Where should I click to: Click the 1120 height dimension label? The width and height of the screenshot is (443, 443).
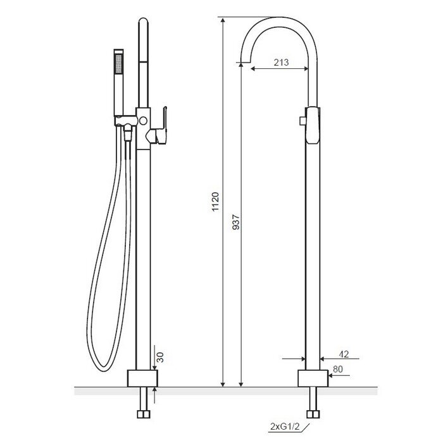(215, 202)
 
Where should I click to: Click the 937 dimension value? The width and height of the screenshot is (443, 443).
(236, 222)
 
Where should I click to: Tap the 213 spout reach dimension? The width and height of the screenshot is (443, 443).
(281, 62)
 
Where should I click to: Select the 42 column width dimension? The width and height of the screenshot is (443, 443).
(344, 354)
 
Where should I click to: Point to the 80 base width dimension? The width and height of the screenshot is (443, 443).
(337, 369)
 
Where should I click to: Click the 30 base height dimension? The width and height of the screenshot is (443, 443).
(160, 357)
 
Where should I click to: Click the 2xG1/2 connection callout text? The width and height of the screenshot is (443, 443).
(285, 427)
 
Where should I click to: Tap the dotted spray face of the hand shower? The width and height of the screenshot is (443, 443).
(119, 64)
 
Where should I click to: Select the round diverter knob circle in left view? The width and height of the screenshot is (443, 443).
(143, 121)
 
